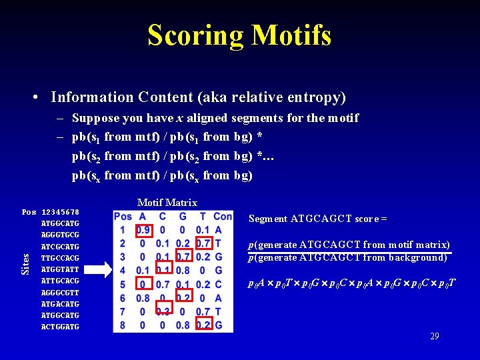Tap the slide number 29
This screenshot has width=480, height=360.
435,337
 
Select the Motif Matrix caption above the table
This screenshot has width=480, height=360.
167,203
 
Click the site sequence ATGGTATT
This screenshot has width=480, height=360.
60,269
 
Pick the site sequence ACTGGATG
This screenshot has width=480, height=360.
60,327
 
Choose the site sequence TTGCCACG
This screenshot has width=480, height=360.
60,258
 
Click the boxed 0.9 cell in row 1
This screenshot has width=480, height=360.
143,230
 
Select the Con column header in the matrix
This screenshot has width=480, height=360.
222,216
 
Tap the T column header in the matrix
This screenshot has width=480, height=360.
203,216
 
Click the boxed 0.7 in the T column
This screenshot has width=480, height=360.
203,243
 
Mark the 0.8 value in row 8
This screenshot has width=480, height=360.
183,325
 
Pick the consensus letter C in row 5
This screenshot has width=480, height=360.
219,284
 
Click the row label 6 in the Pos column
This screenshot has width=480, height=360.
123,298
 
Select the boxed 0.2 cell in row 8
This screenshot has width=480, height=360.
203,325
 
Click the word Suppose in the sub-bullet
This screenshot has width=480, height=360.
95,119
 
